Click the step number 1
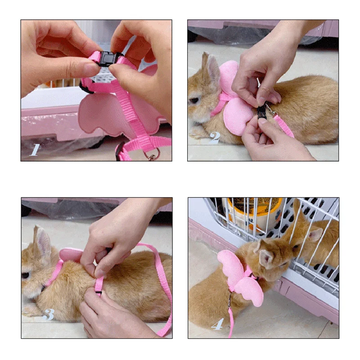coord(35,149)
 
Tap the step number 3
coord(49,314)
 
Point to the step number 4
coord(217,324)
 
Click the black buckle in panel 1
coord(107,59)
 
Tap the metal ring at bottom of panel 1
coord(152,156)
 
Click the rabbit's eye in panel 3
coord(27,275)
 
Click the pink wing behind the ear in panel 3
coord(71,255)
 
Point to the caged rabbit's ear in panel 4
coord(315,234)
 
